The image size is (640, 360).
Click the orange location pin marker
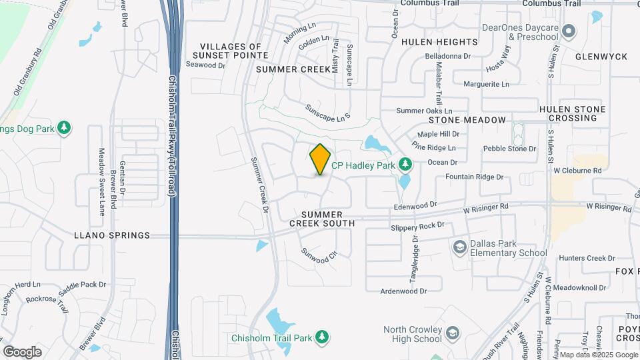(x=320, y=159)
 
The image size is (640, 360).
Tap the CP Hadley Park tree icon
(x=405, y=164)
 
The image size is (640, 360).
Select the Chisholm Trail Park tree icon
(x=322, y=337)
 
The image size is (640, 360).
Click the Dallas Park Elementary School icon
(x=459, y=248)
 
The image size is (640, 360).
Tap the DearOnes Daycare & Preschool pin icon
(x=569, y=31)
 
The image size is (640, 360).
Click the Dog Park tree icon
(x=64, y=127)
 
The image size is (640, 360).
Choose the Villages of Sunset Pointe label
(x=230, y=51)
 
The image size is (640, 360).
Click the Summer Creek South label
(x=321, y=219)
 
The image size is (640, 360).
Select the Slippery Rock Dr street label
(x=417, y=227)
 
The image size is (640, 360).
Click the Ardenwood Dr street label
(x=403, y=291)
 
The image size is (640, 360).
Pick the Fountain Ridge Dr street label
(x=474, y=177)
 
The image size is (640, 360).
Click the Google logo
(x=22, y=351)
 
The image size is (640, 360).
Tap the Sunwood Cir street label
(x=315, y=256)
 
